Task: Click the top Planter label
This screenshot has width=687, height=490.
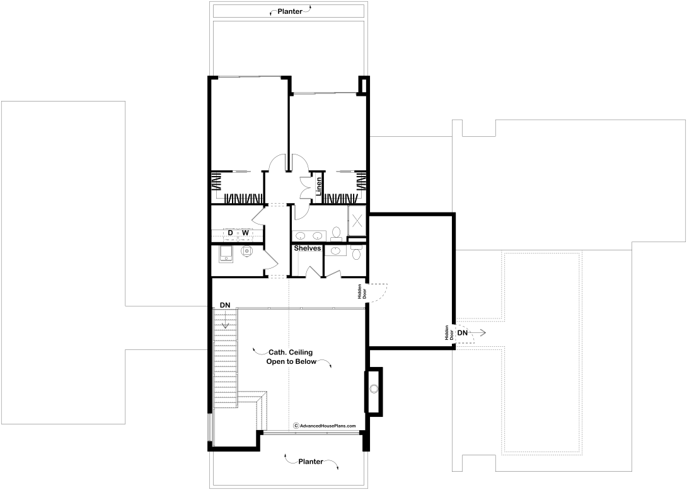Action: pos(289,11)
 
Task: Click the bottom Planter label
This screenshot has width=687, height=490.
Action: pos(311,462)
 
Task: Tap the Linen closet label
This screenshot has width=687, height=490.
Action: pos(318,186)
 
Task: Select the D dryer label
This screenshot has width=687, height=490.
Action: pos(230,232)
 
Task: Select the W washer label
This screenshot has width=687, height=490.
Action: pos(245,232)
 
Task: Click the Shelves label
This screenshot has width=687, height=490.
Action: pos(308,248)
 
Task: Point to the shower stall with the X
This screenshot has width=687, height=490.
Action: pos(357,221)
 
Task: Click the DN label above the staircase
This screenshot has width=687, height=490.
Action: pos(225,305)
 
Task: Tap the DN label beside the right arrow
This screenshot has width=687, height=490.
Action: pos(462,332)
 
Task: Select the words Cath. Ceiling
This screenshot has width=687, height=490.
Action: pos(291,352)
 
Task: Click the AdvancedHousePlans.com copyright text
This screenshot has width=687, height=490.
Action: pos(325,426)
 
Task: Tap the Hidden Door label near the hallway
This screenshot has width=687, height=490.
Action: pos(362,291)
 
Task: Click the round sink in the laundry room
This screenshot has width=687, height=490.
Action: pos(247,252)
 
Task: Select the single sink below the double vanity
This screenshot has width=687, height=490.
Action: pos(335,251)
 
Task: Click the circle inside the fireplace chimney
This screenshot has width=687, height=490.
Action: pos(374,388)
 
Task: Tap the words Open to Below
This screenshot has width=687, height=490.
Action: pos(291,361)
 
